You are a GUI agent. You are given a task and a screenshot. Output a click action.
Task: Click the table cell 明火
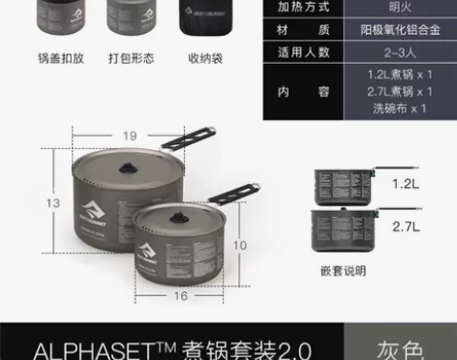[x=397, y=7]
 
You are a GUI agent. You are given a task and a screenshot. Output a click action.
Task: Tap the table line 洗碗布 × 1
[x=397, y=108]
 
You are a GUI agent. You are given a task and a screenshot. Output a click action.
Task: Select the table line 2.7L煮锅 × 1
[x=397, y=91]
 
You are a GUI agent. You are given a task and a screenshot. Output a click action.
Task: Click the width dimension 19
[x=128, y=135]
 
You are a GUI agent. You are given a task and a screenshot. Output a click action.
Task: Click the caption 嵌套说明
[x=343, y=271]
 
